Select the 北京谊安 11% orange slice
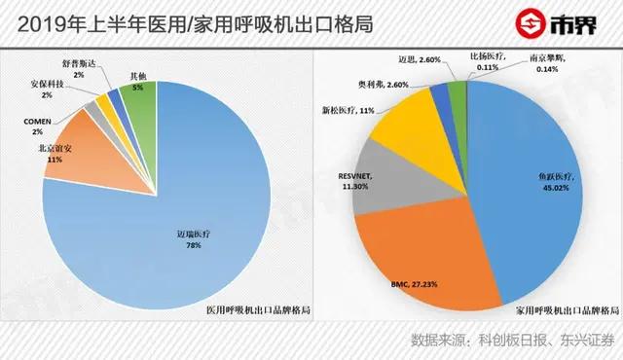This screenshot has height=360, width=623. pyautogui.click(x=76, y=150)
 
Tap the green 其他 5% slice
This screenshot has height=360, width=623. pyautogui.click(x=142, y=102)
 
